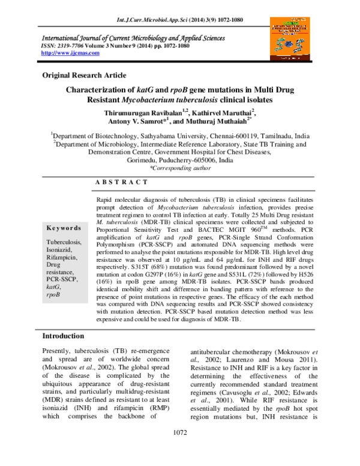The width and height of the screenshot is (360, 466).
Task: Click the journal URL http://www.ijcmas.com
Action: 70,53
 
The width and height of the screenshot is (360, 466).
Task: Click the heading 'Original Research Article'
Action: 83,75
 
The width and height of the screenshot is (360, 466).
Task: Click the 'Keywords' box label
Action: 64,228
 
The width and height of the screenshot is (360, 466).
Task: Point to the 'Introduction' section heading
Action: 63,336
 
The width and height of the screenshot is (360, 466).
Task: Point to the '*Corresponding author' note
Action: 180,169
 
